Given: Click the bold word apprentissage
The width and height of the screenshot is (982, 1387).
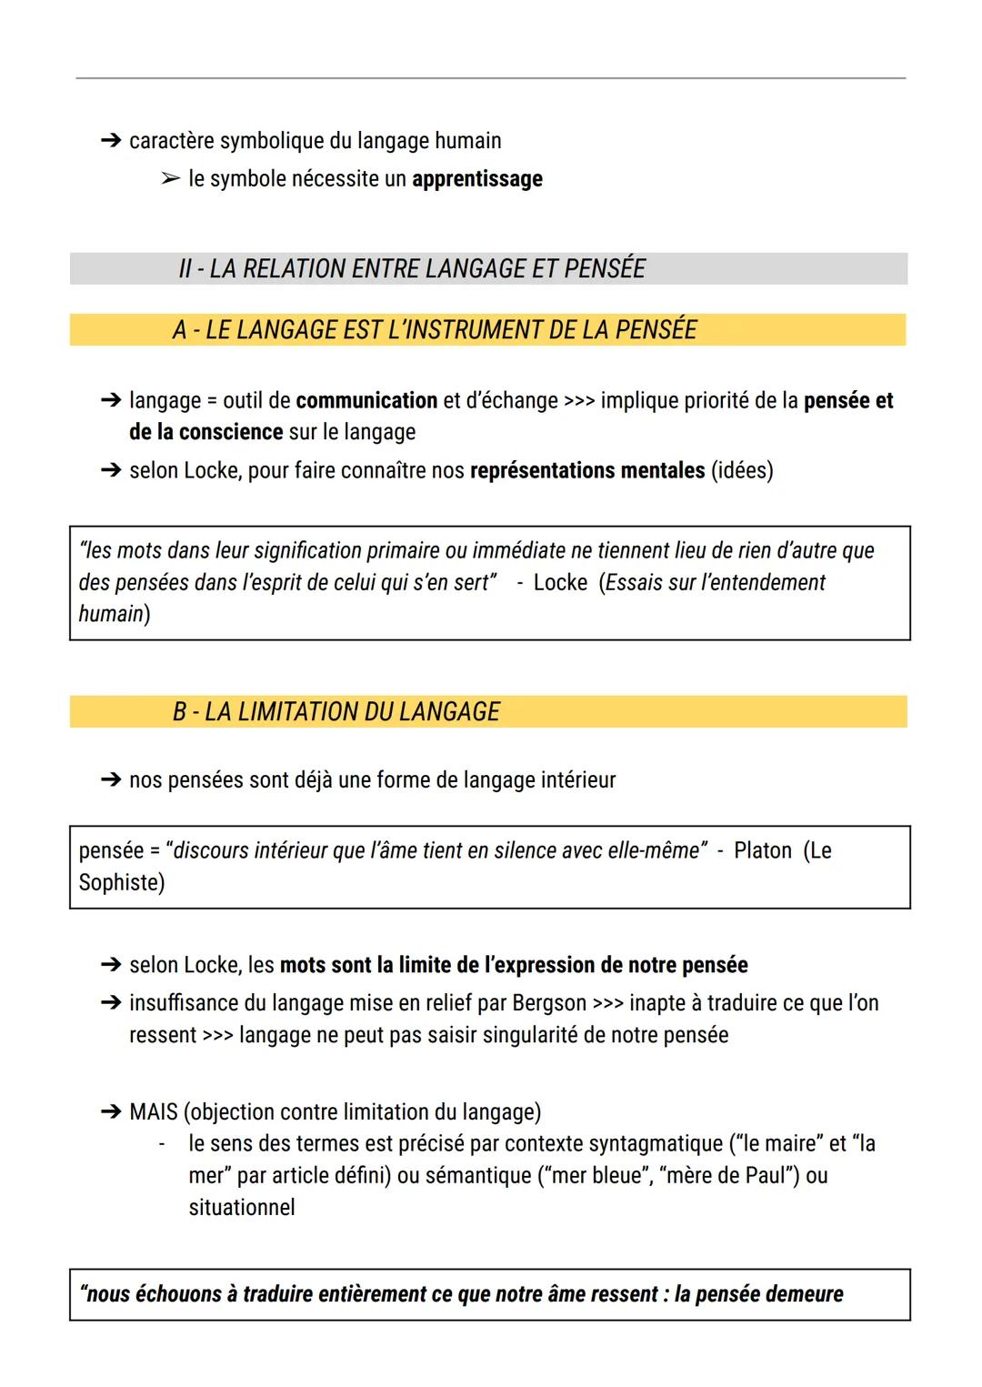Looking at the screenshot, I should click(x=476, y=179).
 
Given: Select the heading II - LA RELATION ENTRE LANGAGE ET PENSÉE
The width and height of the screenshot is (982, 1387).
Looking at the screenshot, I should click(x=412, y=269).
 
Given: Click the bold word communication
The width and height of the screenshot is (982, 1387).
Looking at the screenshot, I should click(x=366, y=401).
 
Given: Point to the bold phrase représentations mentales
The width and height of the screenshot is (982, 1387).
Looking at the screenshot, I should click(x=586, y=471).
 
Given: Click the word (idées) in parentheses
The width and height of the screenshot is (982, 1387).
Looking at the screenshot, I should click(x=742, y=471).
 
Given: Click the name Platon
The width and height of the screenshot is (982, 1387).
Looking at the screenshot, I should click(x=762, y=851).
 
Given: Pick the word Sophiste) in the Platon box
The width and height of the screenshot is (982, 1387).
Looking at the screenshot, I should click(x=122, y=883).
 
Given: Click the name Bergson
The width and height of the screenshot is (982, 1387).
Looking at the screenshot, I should click(x=549, y=1003).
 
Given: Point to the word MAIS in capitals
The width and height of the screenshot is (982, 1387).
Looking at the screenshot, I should click(x=154, y=1112).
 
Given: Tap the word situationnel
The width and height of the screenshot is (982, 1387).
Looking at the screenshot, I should click(x=242, y=1208).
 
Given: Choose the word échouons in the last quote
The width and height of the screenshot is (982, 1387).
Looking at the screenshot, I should click(x=177, y=1294).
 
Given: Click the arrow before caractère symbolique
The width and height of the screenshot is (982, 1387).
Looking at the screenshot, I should click(x=111, y=141).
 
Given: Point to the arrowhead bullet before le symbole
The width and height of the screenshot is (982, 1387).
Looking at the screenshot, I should click(x=170, y=179).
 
